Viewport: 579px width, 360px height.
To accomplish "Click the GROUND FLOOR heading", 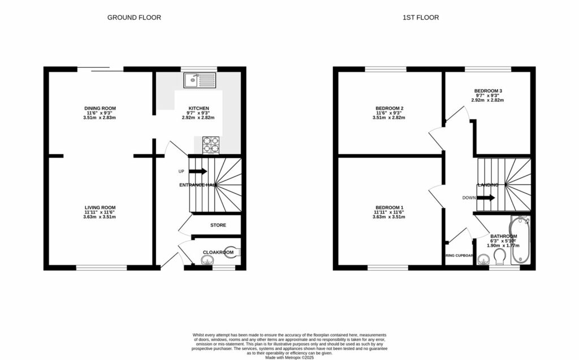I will (x=134, y=18).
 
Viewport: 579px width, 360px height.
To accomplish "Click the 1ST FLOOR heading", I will (x=420, y=18).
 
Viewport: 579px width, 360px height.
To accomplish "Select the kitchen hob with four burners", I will (x=210, y=145).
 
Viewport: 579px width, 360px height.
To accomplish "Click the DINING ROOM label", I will (x=100, y=108).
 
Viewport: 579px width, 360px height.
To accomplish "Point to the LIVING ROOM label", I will (x=100, y=207).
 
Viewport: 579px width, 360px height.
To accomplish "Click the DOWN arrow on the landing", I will (x=486, y=198).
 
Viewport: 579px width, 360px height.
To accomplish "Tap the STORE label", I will (x=218, y=225).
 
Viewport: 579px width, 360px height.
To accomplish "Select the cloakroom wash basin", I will (x=208, y=260).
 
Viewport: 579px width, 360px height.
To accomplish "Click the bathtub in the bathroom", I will (x=519, y=240).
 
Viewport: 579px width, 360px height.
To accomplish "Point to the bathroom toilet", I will (x=499, y=258).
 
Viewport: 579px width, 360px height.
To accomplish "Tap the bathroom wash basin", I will (x=483, y=260).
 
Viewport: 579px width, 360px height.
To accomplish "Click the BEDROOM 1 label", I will (x=389, y=207).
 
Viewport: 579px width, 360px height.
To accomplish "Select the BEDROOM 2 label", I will (x=389, y=108).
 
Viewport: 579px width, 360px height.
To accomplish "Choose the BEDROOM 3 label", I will (x=487, y=90).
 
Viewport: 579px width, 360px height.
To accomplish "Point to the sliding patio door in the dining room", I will (x=100, y=70).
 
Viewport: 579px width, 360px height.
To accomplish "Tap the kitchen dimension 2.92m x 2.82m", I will (x=198, y=118).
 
